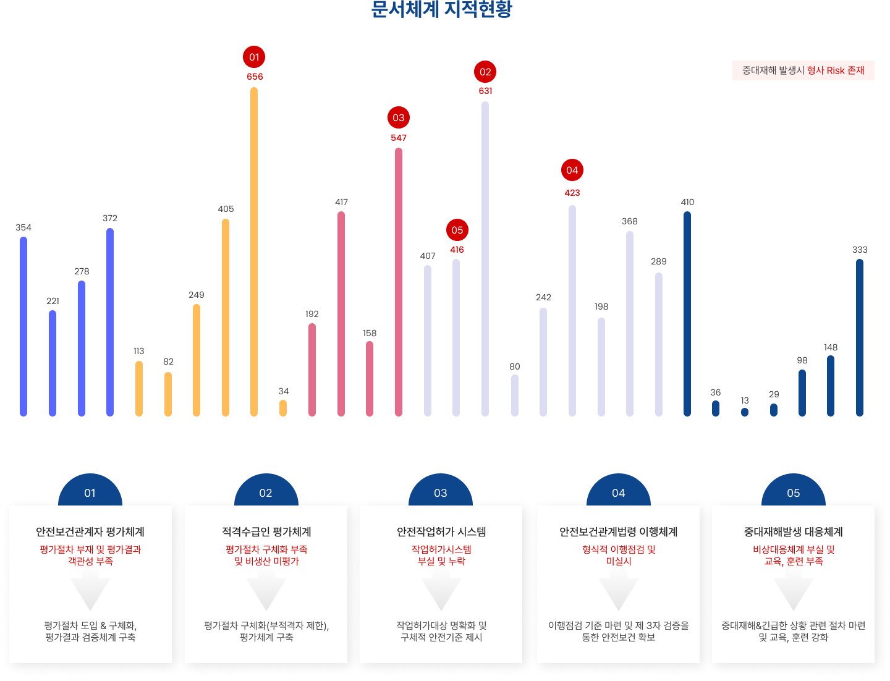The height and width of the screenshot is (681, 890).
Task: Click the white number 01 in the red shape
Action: point(254,57)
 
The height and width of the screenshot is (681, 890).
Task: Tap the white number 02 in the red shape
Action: point(485,72)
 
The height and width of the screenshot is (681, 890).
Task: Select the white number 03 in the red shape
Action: point(398,118)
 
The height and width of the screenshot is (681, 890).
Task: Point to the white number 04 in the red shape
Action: point(572,171)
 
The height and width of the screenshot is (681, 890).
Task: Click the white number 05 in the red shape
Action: point(457,231)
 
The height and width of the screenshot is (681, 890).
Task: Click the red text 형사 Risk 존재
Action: point(836,70)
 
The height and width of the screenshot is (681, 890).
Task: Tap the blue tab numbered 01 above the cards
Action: point(90,493)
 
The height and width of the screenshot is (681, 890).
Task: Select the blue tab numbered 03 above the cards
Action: point(441,493)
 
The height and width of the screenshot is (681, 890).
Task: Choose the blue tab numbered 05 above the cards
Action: point(794,493)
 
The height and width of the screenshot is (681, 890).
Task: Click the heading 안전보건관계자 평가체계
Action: point(90,531)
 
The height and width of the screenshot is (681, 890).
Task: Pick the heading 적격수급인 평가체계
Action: point(266,531)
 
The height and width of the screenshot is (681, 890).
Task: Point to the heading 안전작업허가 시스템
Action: point(441,531)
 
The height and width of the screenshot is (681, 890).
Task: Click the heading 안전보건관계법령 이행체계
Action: point(618,531)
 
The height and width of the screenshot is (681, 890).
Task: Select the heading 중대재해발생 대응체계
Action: point(794,531)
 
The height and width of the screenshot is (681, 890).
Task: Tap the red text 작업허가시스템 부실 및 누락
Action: point(441,555)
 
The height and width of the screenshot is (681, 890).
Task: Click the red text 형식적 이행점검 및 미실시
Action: point(618,555)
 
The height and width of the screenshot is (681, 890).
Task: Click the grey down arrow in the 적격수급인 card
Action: point(266,593)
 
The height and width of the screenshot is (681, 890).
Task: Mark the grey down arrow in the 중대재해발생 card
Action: point(794,593)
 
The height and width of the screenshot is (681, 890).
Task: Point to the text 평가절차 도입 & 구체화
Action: point(90,625)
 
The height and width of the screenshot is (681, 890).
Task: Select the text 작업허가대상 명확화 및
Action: point(441,625)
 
